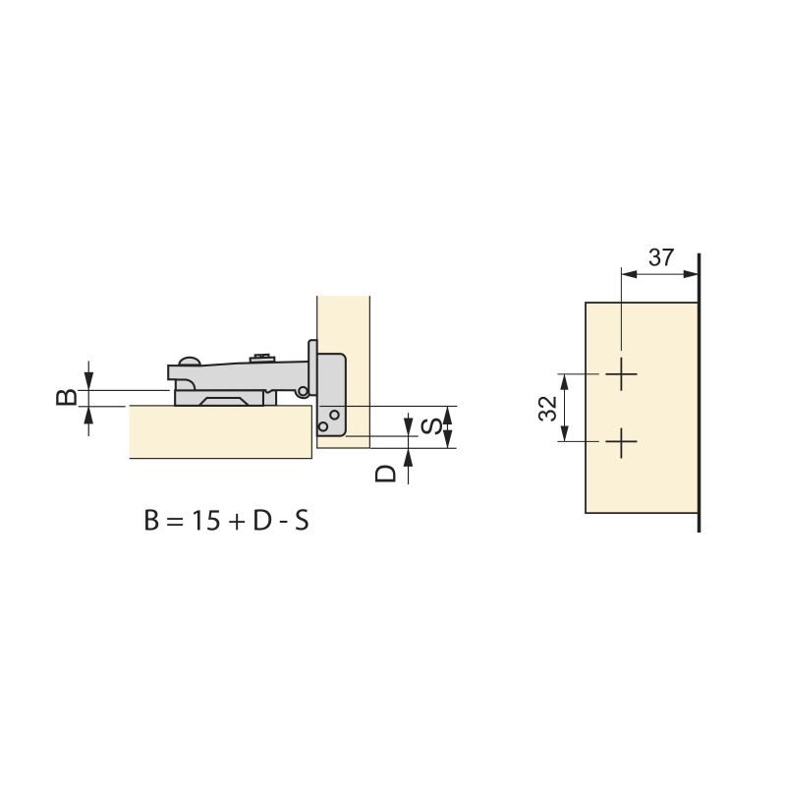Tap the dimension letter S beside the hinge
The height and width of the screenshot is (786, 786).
pyautogui.click(x=430, y=426)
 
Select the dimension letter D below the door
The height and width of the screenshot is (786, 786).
pyautogui.click(x=387, y=473)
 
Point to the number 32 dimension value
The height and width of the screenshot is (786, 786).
pyautogui.click(x=548, y=408)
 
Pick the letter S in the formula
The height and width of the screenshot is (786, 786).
pyautogui.click(x=301, y=521)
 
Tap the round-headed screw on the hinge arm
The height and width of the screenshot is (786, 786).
pyautogui.click(x=187, y=361)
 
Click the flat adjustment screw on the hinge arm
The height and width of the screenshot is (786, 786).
pyautogui.click(x=260, y=357)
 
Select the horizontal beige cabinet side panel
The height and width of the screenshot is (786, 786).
pyautogui.click(x=221, y=432)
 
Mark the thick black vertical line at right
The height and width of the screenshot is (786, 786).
pyautogui.click(x=699, y=393)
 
